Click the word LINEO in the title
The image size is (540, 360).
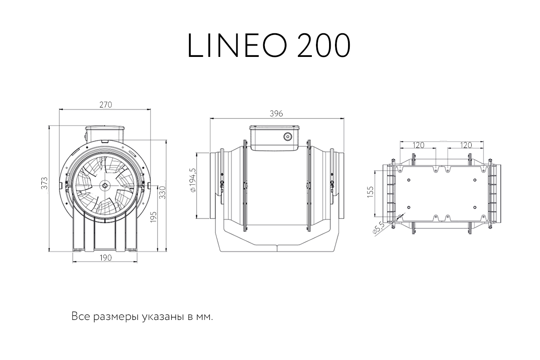tap(237, 46)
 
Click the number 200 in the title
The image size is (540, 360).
tap(324, 46)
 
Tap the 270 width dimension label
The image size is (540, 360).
tap(105, 105)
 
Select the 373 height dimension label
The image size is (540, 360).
tap(45, 183)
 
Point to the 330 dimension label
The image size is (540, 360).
tap(163, 193)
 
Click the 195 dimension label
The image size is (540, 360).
tap(153, 217)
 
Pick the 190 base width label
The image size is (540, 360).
tap(105, 258)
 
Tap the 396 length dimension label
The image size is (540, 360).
tap(276, 113)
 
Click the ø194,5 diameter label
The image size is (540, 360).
tap(193, 180)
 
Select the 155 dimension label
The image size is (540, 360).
tap(370, 192)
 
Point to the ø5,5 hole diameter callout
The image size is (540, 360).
tap(378, 228)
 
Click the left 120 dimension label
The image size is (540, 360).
tap(418, 145)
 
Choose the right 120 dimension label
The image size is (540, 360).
tap(466, 145)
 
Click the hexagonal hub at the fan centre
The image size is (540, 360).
tap(105, 185)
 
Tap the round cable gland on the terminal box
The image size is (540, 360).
tap(287, 137)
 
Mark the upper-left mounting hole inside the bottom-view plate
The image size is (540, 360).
tap(409, 180)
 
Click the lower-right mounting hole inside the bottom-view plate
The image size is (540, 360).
tap(475, 207)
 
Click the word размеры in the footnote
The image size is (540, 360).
tap(116, 317)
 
